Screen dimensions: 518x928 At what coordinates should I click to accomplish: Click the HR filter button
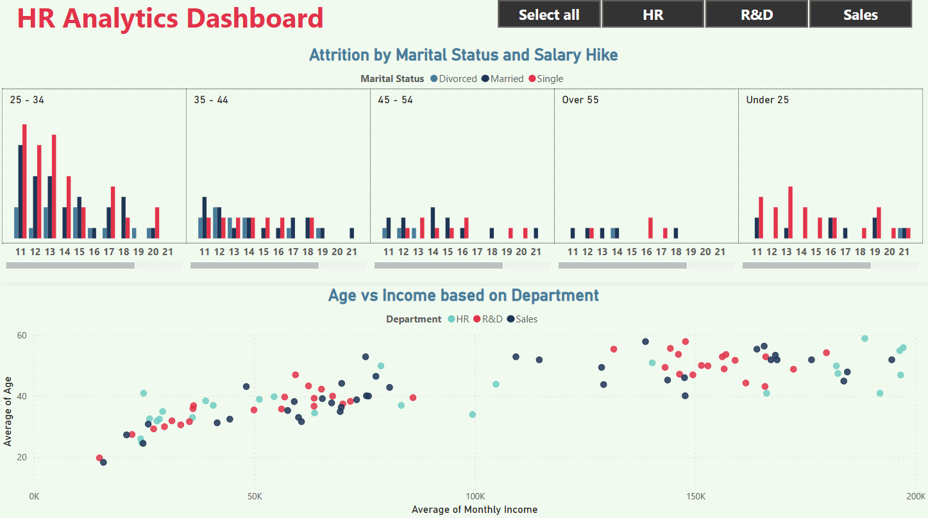(653, 14)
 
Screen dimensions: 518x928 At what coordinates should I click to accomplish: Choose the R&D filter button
(757, 14)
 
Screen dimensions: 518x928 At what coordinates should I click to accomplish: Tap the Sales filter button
(860, 14)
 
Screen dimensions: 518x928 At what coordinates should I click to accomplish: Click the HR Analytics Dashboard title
(170, 18)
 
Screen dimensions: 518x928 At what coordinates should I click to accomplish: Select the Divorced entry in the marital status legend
(453, 79)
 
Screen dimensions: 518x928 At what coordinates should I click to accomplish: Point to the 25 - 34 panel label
(27, 100)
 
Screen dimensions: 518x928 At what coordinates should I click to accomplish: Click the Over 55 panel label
(580, 100)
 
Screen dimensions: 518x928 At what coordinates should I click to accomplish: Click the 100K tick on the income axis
(475, 496)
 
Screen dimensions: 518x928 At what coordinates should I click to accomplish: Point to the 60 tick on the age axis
(22, 335)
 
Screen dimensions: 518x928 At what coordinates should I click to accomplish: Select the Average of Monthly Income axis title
(475, 510)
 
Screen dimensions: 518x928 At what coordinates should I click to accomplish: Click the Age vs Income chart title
(463, 296)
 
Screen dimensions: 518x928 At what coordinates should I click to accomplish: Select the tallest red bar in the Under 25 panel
(790, 212)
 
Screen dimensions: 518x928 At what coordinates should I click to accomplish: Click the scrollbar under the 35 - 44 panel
(255, 265)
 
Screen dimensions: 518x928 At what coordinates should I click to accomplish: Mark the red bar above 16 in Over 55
(650, 228)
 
